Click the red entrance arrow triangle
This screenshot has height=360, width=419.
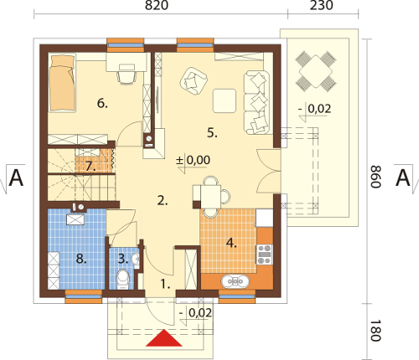164,338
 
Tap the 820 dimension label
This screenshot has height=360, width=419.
157,5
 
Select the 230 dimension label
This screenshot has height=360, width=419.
322,5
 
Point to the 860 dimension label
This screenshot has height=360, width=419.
375,177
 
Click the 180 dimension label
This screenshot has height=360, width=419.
375,331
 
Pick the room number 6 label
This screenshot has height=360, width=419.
102,104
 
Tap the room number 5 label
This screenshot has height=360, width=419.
212,133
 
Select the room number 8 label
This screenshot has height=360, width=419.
81,259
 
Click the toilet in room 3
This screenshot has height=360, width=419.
122,279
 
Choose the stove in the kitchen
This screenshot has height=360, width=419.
264,255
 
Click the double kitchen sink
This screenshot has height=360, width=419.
235,281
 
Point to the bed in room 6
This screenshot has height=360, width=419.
62,83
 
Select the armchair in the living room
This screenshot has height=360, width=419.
194,81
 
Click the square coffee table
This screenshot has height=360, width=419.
225,100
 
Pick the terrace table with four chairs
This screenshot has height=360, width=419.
316,71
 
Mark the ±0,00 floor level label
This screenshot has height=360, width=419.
193,160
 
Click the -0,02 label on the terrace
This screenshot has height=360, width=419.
315,108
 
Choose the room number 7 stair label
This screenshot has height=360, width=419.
91,167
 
